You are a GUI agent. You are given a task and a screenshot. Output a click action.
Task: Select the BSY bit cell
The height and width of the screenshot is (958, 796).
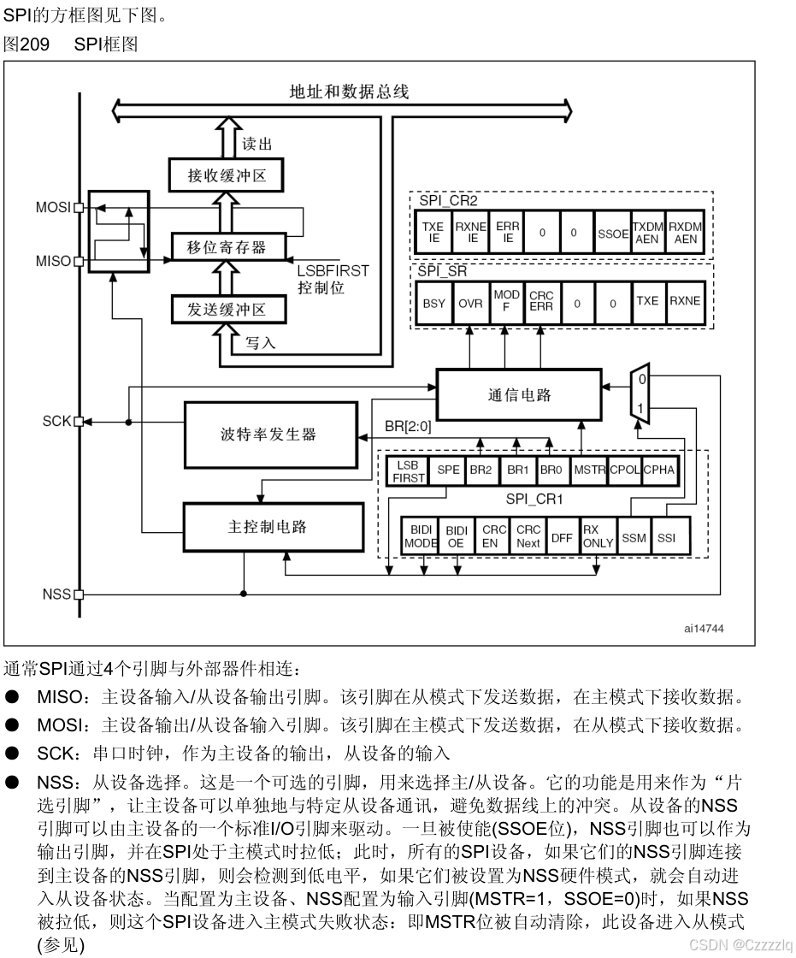434,303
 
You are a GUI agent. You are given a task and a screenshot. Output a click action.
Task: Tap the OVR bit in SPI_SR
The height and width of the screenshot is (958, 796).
470,303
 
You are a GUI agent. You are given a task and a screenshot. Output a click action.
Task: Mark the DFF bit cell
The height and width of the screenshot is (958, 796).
562,538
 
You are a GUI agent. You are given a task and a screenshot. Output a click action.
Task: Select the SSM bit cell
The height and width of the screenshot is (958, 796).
634,538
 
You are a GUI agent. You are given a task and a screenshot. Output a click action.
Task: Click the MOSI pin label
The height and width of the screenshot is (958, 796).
54,207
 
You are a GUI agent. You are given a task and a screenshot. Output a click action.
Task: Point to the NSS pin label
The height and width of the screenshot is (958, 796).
56,594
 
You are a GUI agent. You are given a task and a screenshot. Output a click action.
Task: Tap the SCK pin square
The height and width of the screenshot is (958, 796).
79,422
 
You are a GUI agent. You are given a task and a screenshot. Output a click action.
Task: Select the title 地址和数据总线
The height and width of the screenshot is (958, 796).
349,92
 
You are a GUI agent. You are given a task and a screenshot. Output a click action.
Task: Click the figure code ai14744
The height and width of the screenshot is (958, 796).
703,628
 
